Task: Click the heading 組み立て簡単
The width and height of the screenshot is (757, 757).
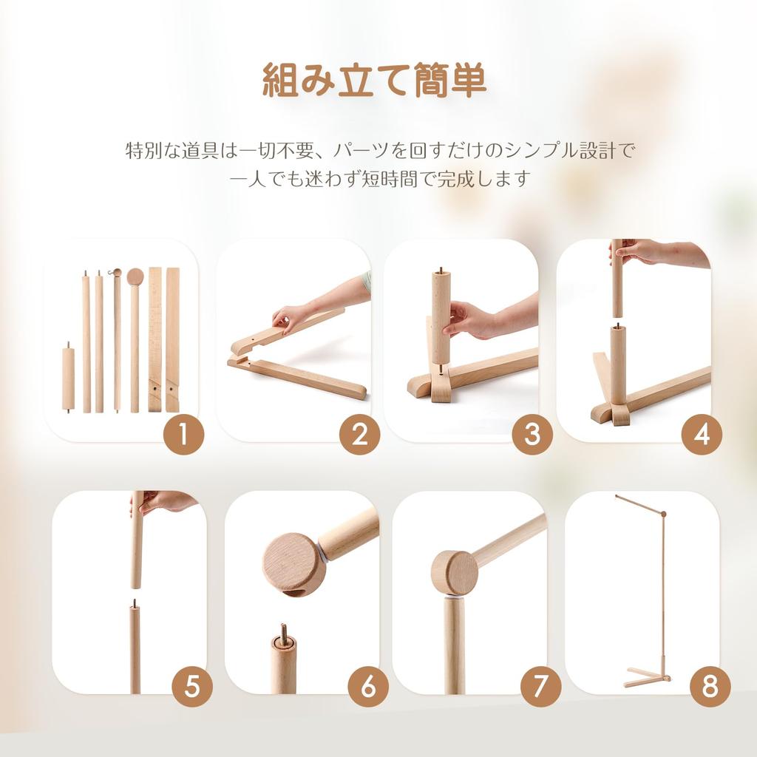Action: pos(375,81)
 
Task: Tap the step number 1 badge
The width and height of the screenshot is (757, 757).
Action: pos(183,435)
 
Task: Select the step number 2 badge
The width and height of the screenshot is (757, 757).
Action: pos(359,435)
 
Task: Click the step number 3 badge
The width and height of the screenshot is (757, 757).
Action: pos(532,435)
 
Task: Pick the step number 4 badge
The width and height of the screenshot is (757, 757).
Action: pos(702,435)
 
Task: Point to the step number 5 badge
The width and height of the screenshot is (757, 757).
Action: pos(192,688)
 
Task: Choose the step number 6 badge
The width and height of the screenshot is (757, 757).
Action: pos(368,688)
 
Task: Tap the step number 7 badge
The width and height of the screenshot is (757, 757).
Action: pos(540,688)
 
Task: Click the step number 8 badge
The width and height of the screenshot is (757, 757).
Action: pos(710,688)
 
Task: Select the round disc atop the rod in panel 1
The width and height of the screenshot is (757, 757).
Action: pos(135,277)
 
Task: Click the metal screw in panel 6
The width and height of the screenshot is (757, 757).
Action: pos(283,633)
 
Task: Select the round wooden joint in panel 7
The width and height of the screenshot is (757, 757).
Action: pos(454,572)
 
